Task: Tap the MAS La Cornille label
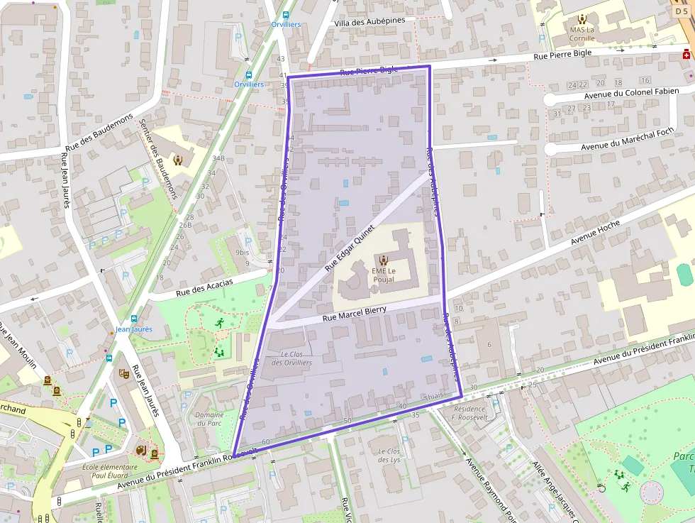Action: click(x=582, y=34)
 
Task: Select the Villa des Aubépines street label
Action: click(x=369, y=21)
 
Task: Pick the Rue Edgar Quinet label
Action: click(x=349, y=248)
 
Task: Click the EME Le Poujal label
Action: click(x=383, y=275)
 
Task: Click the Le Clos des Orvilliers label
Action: click(x=291, y=358)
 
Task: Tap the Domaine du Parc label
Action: click(x=209, y=419)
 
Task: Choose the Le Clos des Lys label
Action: click(x=389, y=456)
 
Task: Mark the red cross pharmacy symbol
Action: click(x=686, y=55)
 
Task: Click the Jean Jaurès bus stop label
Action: click(x=133, y=329)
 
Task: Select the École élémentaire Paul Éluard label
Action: click(x=109, y=471)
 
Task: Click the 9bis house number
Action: click(x=243, y=252)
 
